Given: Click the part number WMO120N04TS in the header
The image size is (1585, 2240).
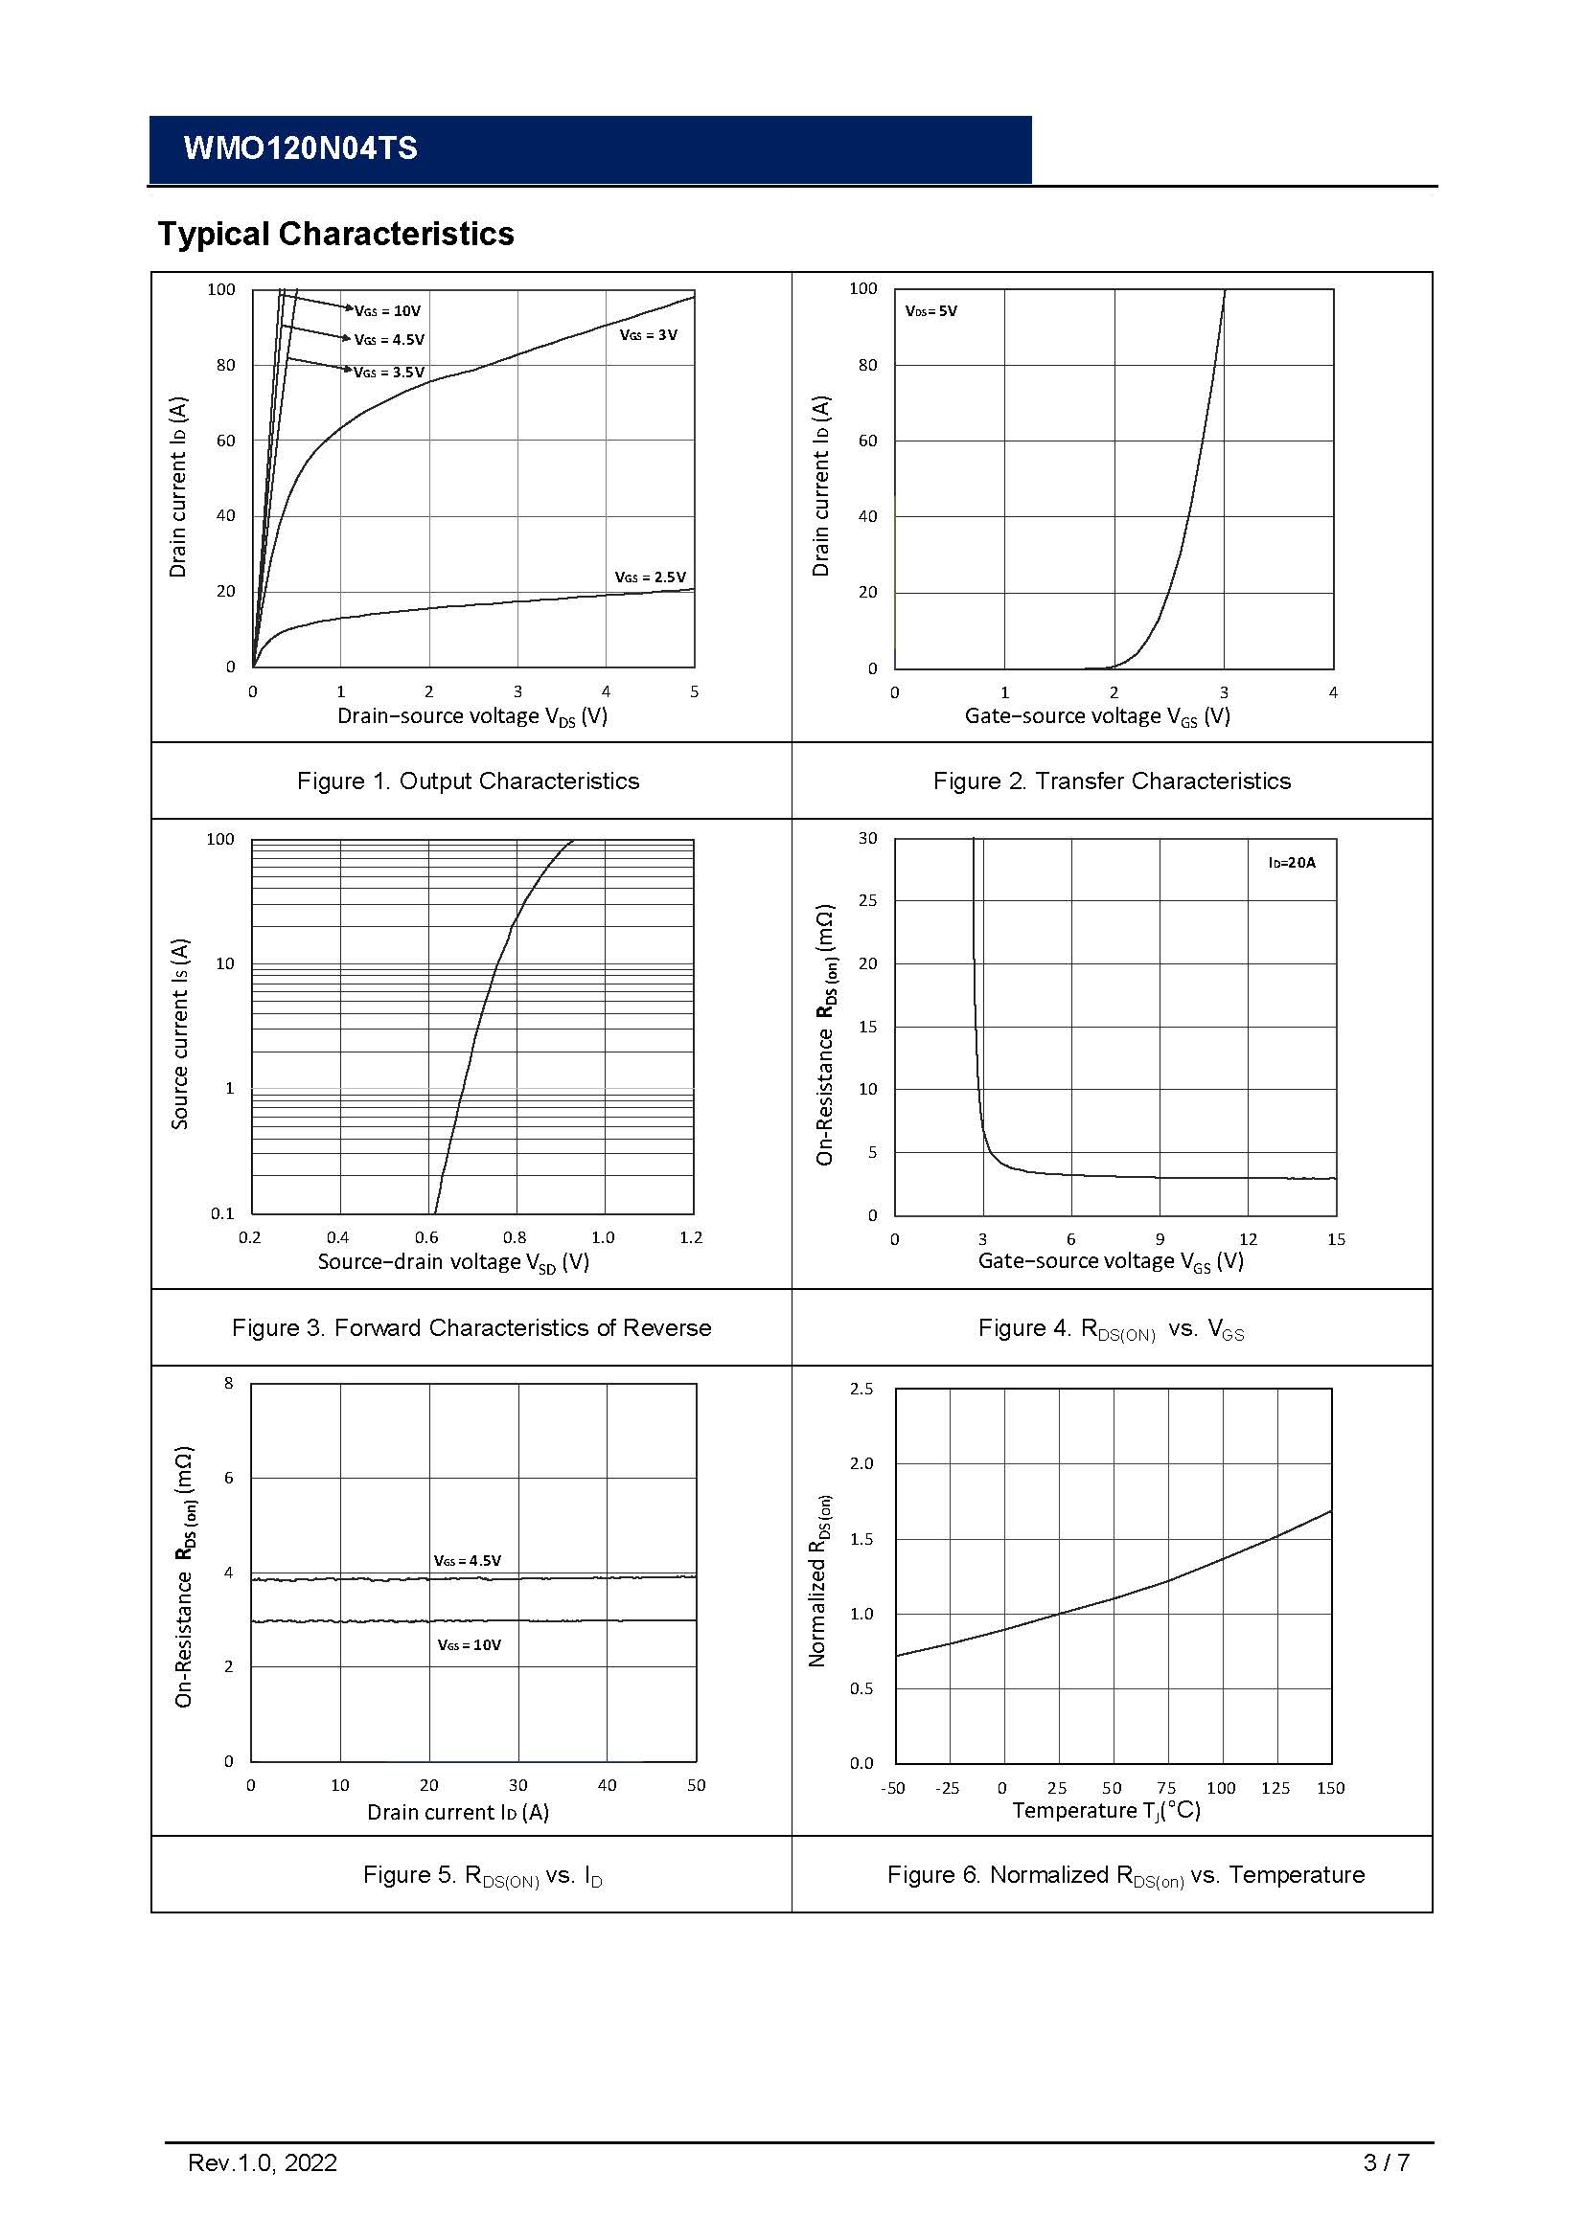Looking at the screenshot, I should [x=300, y=148].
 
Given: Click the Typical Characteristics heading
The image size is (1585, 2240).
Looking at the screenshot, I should [x=335, y=234].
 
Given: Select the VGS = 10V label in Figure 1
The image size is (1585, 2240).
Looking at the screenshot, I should [x=387, y=311].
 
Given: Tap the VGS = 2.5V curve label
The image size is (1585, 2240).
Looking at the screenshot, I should [x=650, y=577].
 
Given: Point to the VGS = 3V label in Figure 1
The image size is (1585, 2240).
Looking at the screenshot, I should [x=648, y=334].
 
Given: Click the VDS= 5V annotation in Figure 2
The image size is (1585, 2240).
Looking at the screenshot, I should [x=931, y=311].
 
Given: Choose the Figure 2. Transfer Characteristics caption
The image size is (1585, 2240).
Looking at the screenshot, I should [x=1112, y=781].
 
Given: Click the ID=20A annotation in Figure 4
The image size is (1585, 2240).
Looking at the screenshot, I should [x=1291, y=863].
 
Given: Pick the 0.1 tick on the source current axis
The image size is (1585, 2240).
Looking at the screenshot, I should [x=222, y=1213].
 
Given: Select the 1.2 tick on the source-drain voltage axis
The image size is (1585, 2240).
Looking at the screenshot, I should [x=691, y=1238].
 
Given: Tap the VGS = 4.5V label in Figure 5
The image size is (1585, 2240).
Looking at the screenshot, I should [x=468, y=1561].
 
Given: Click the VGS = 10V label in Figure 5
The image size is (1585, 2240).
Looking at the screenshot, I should [x=470, y=1645].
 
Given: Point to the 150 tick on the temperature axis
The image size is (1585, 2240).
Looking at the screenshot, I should [x=1330, y=1788].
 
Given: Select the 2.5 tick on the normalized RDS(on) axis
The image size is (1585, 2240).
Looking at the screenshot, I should [x=861, y=1389].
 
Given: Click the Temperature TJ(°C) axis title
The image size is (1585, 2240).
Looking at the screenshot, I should [x=1106, y=1811].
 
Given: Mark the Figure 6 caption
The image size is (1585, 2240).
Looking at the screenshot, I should [x=1125, y=1875].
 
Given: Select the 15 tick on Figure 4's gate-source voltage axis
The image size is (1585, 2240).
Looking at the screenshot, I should [x=1336, y=1239].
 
